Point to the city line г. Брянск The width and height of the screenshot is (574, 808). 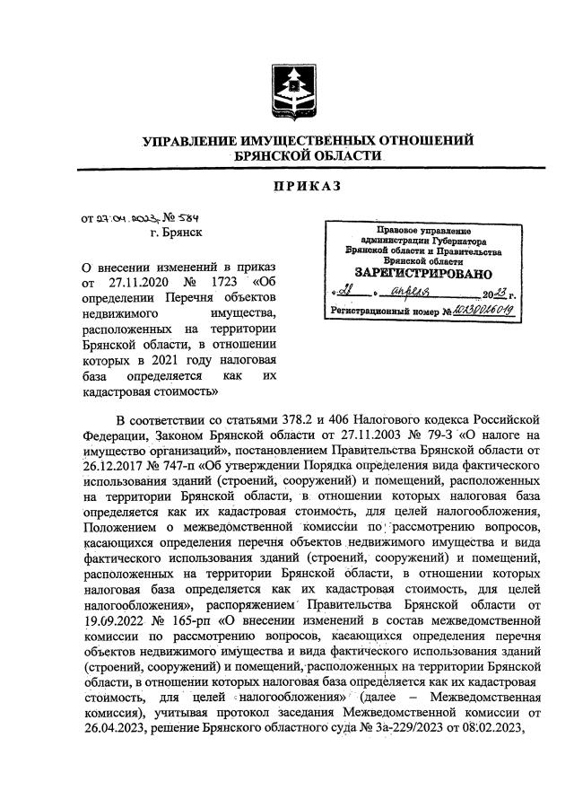[176, 233]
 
